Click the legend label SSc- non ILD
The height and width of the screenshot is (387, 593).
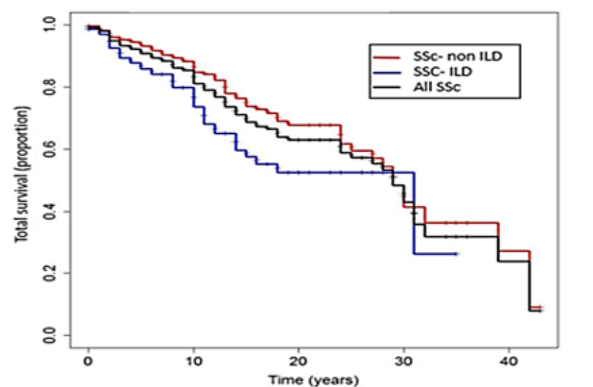pos(444,54)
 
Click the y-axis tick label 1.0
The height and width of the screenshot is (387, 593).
pos(52,25)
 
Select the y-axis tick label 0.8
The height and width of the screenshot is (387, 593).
pos(52,88)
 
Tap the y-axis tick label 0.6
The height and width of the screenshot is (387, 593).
pos(52,149)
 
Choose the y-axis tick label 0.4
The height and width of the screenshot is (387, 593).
pos(52,212)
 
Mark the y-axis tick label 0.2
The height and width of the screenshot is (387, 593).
pos(52,273)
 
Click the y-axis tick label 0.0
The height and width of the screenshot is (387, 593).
pos(52,336)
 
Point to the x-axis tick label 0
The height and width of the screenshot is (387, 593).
pos(88,361)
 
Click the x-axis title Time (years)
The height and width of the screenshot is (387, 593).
pos(312,378)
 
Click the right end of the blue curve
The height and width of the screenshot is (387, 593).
pos(456,254)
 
